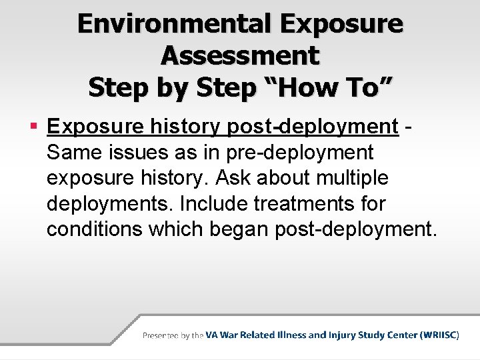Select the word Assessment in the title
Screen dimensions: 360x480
240,55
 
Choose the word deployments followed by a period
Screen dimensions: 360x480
109,205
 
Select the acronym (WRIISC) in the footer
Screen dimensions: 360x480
439,336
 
